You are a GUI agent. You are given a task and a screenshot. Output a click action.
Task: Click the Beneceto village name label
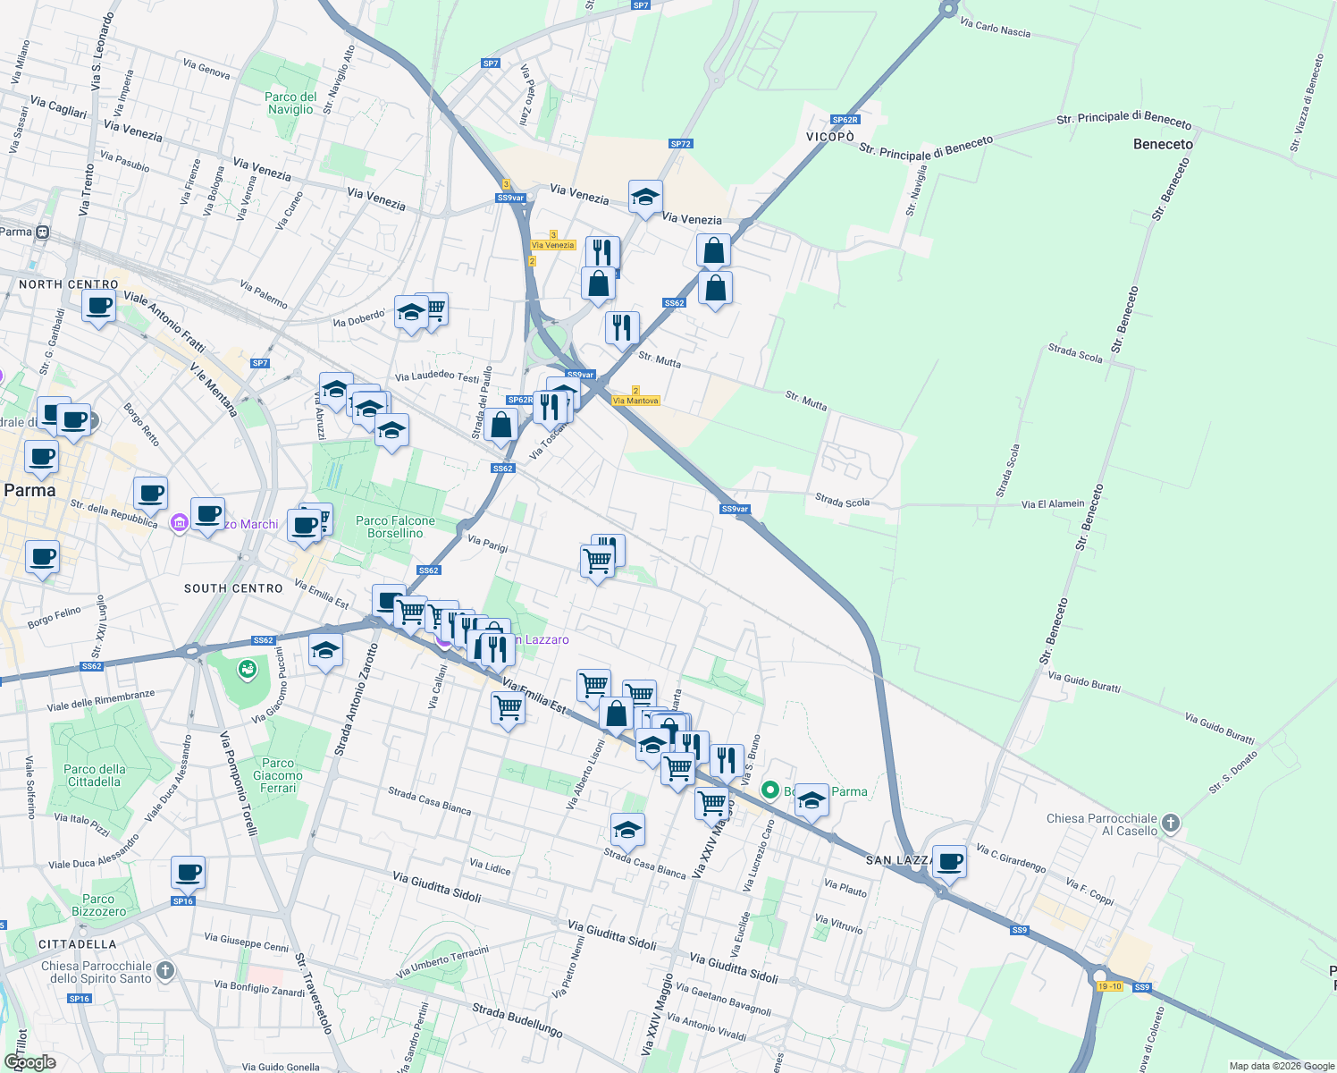coord(1163,144)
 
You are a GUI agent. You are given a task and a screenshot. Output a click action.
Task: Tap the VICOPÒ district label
coord(830,137)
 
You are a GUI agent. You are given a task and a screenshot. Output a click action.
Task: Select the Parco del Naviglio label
coord(290,103)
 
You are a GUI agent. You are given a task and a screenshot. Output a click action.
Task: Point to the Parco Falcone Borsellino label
coord(395,527)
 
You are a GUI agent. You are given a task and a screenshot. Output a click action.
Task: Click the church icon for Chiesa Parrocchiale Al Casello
coord(1171,824)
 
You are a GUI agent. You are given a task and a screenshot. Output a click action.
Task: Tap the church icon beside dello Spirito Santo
coord(165,971)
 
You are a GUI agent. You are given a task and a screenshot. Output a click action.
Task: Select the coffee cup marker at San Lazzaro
coord(949,862)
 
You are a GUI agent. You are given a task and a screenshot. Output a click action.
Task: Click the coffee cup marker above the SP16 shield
coord(188,872)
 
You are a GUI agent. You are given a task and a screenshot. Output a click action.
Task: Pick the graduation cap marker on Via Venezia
coord(644,199)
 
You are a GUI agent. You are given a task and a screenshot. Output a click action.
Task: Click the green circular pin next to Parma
coord(769,790)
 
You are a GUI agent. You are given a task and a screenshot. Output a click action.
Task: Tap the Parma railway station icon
coord(42,232)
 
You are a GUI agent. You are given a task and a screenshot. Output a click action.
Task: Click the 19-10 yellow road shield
coord(1109,986)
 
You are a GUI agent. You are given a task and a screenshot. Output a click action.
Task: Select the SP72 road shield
coord(680,144)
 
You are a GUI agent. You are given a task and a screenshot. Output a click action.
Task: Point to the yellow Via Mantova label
coord(635,401)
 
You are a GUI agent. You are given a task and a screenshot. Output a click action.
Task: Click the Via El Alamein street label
coord(1053,504)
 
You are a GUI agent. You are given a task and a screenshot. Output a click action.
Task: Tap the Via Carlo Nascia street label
coord(995,28)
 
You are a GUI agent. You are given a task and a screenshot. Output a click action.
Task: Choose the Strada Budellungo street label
coord(517,1019)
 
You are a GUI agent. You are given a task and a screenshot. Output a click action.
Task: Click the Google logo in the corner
coord(29,1062)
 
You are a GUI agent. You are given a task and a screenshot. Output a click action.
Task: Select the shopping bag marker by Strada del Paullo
coord(501,425)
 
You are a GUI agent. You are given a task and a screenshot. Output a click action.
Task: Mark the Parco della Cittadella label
coord(95,775)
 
